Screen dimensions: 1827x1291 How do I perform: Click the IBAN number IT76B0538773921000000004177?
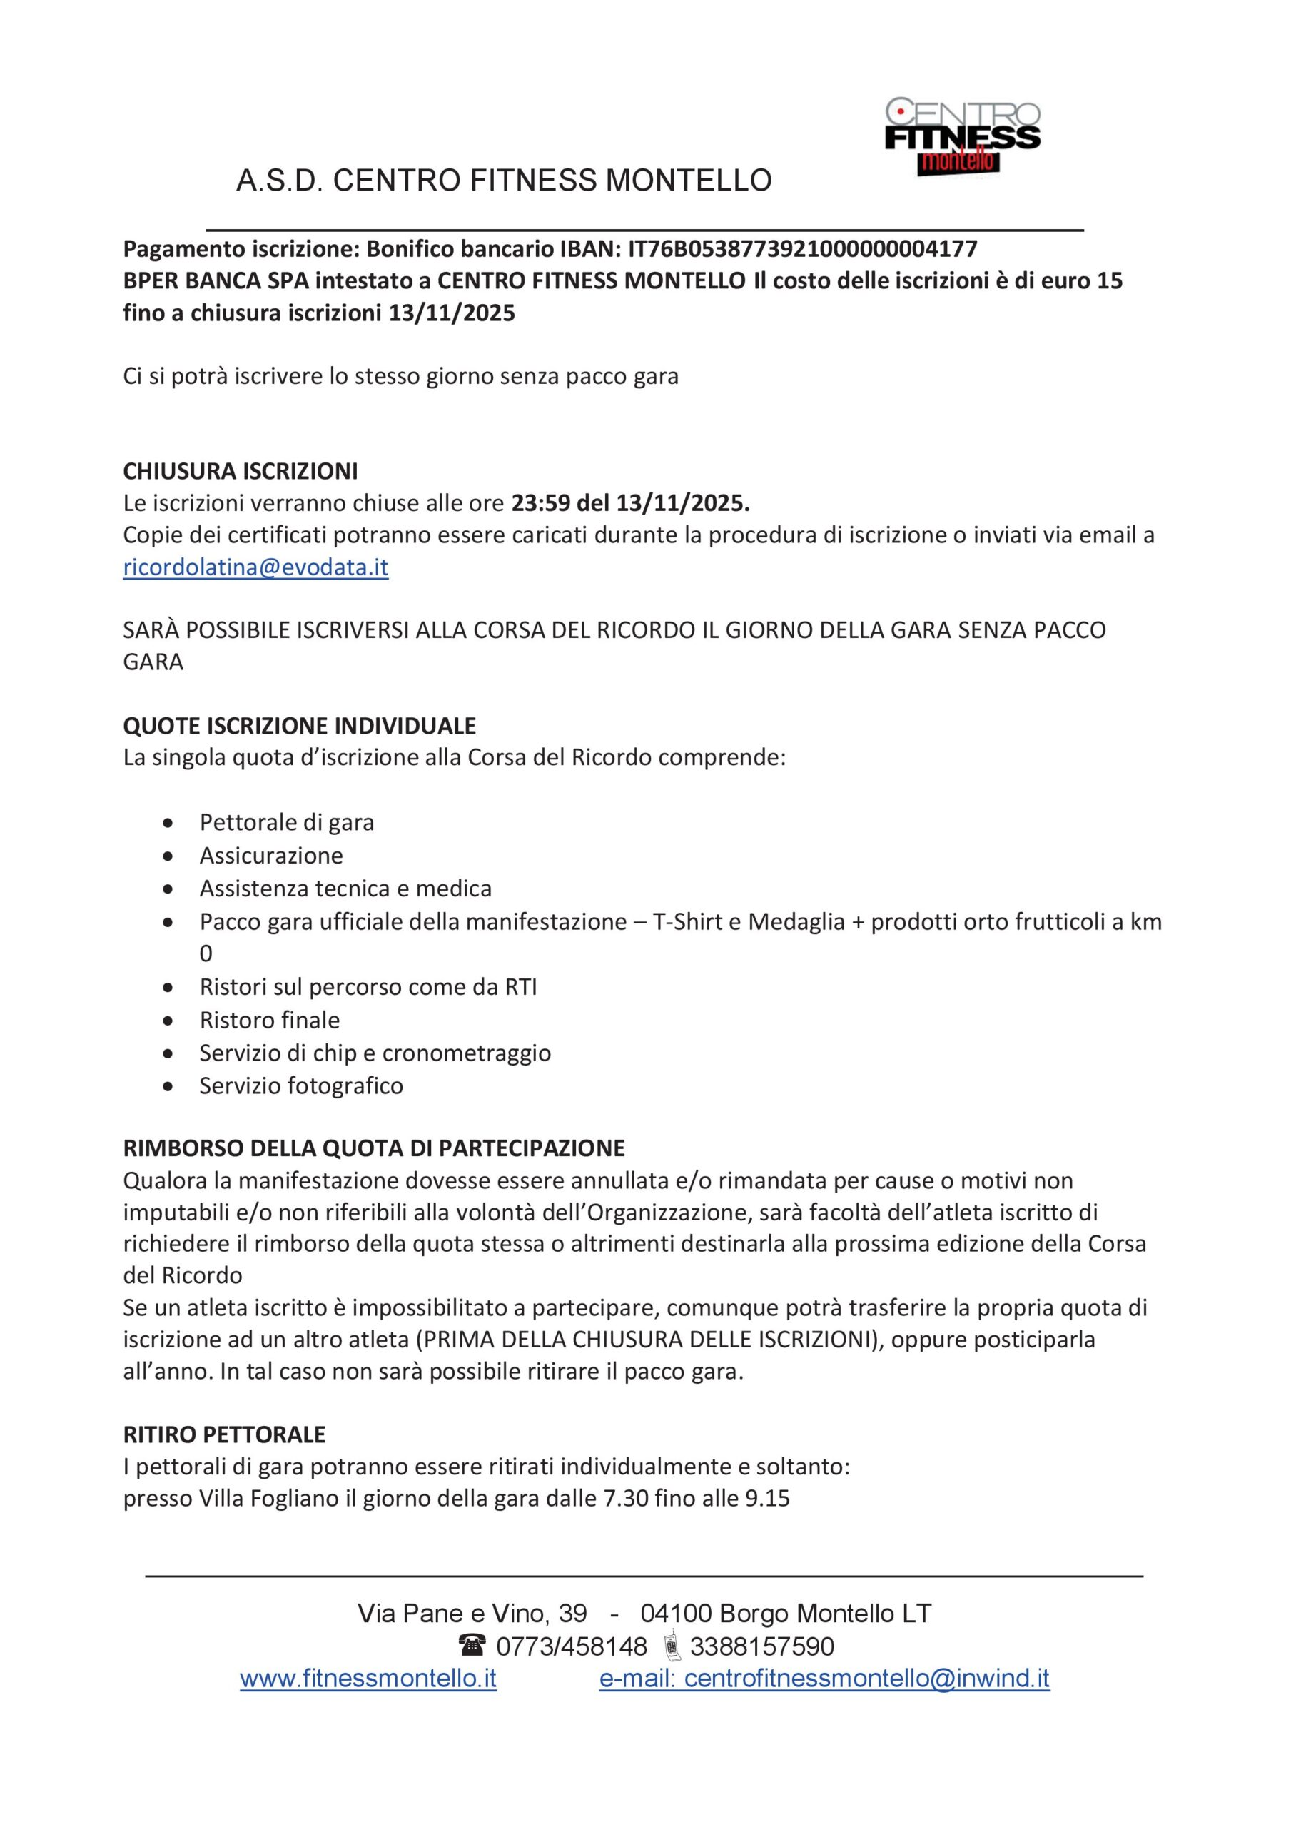[x=802, y=250]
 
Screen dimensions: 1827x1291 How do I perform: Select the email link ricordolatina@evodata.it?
[x=255, y=567]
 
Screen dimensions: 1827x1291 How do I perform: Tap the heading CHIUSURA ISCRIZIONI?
[x=241, y=472]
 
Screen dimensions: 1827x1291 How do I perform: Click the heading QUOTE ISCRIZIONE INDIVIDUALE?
[x=299, y=726]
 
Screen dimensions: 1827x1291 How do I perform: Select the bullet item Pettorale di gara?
[x=287, y=822]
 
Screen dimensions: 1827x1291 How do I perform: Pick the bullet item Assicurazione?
[x=271, y=856]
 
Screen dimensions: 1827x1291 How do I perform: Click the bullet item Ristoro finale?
[x=270, y=1020]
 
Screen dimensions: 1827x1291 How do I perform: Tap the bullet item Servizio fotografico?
[x=302, y=1086]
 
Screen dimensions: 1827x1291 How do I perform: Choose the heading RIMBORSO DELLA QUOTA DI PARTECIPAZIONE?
[x=374, y=1149]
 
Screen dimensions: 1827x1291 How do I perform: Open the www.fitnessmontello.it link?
[x=368, y=1679]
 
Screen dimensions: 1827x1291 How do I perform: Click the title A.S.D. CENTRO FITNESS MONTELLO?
[x=504, y=181]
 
